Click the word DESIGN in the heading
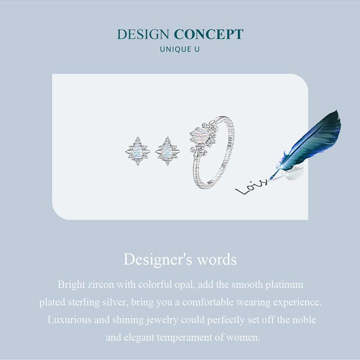(143, 35)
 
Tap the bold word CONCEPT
(208, 35)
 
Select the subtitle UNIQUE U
(180, 49)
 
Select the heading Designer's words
(180, 259)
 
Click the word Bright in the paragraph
(71, 284)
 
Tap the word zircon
(100, 284)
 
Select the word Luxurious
(68, 320)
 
